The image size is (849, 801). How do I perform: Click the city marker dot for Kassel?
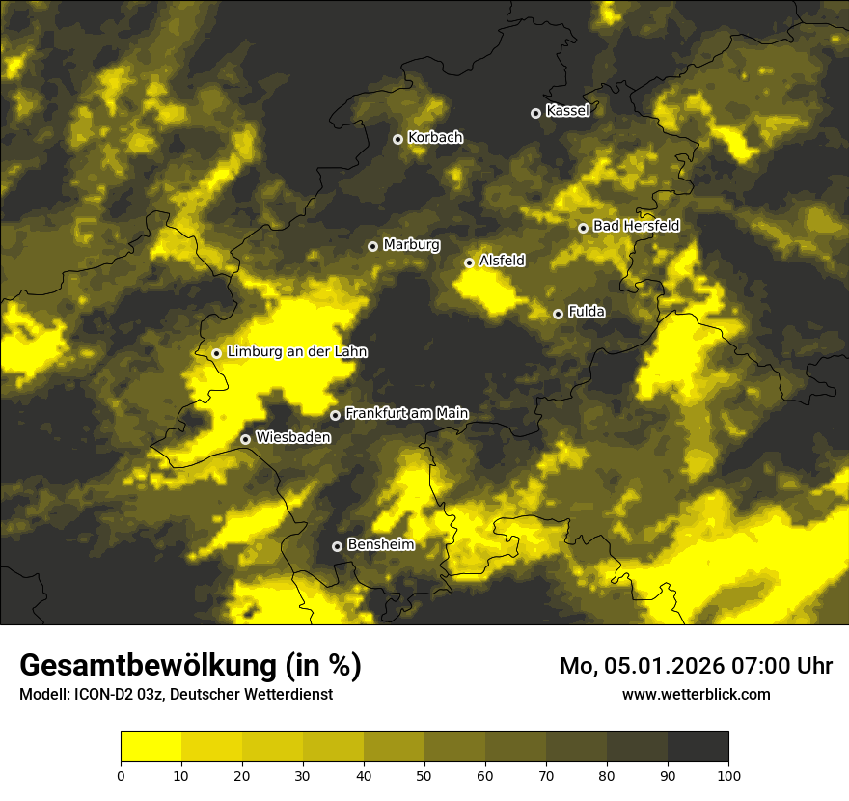point(535,113)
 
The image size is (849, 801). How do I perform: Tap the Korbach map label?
point(435,138)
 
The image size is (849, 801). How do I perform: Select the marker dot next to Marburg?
point(372,246)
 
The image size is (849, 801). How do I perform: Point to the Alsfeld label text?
point(502,261)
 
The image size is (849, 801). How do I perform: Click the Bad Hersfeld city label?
point(636,226)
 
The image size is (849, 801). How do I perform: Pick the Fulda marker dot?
point(558,314)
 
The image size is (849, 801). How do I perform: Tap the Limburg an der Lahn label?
point(297,352)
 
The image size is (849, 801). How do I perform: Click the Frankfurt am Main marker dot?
point(335,415)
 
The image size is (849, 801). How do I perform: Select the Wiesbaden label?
point(293,438)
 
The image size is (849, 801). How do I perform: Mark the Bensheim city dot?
point(337,546)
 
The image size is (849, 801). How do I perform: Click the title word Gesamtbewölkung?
point(149,666)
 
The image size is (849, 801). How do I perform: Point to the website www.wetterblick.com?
point(697,694)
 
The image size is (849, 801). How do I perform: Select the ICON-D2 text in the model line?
point(105,695)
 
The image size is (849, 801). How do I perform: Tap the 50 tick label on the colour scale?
point(424,774)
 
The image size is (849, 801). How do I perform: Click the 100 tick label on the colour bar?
point(728,774)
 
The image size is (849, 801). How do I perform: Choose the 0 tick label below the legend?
point(121,774)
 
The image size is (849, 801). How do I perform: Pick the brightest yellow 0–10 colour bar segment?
point(151,747)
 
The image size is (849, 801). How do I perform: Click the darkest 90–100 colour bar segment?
point(698,747)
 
